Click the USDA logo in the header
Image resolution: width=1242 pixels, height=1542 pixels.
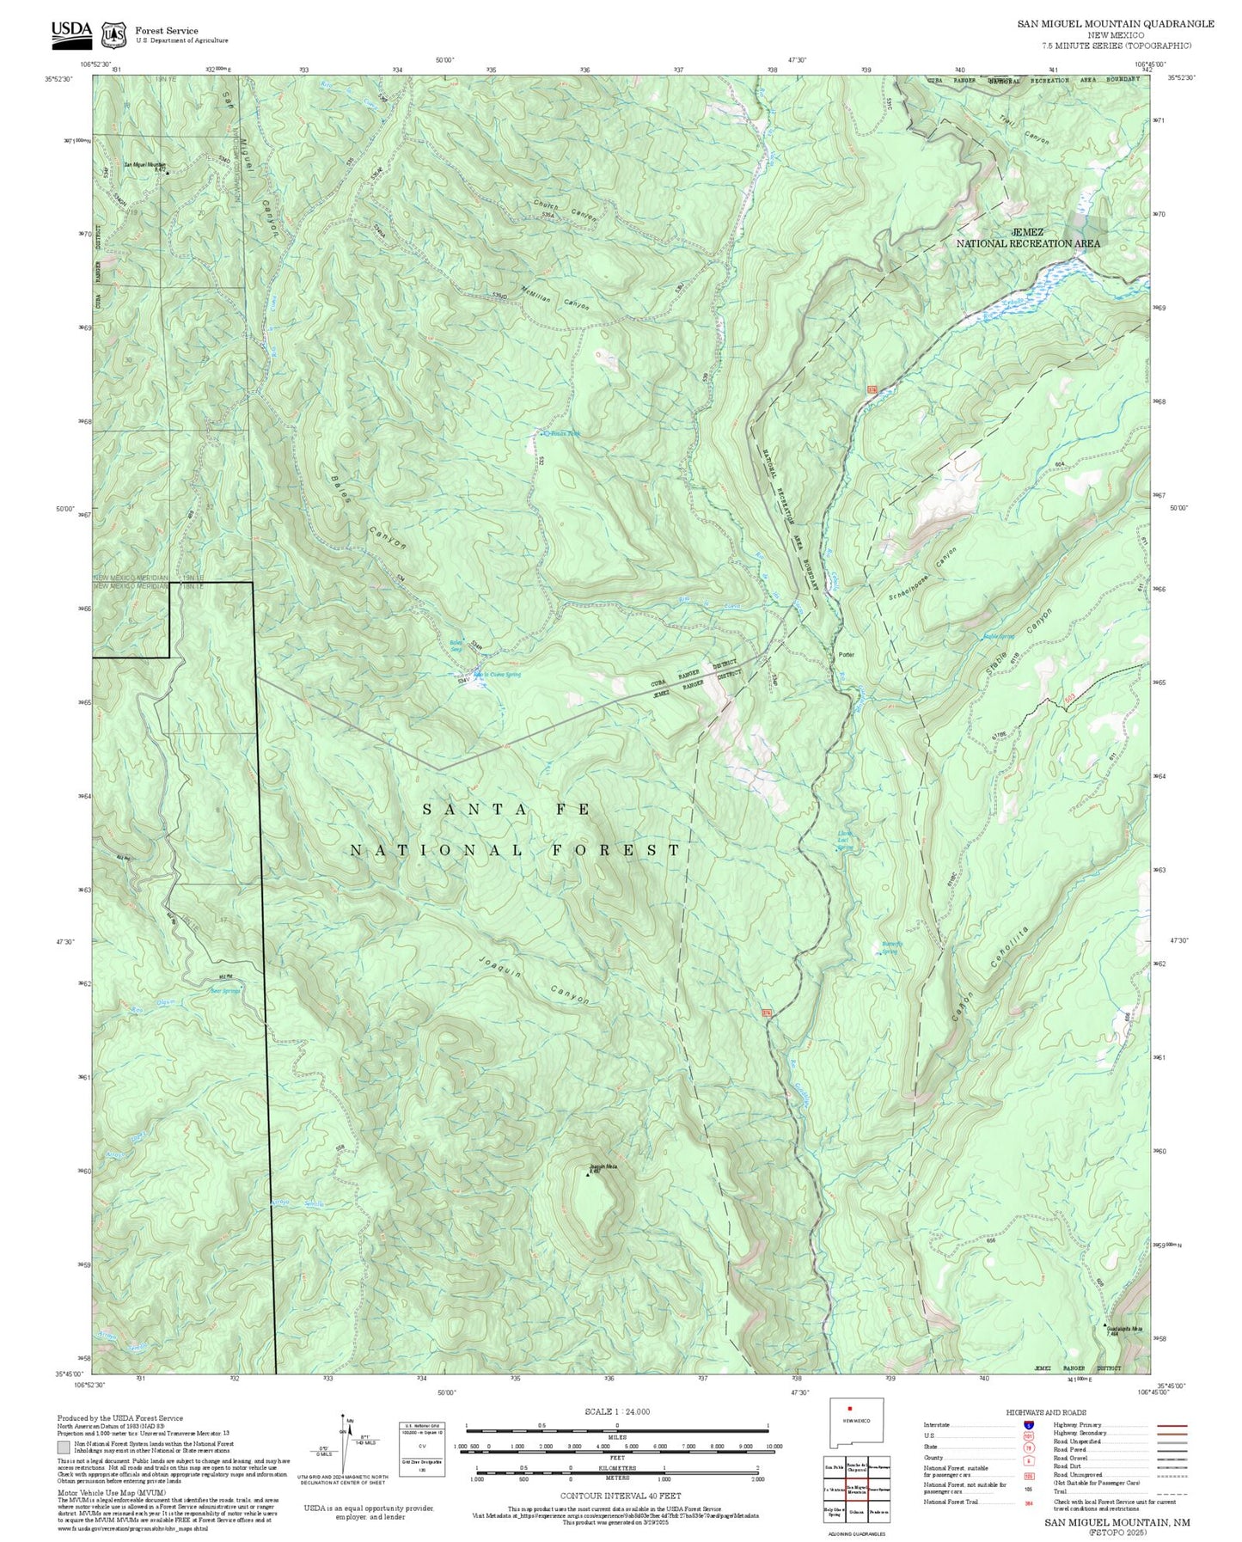coord(71,32)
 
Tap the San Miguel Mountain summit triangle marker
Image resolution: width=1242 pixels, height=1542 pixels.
coord(168,173)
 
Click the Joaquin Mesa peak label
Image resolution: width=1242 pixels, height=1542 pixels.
coord(603,1166)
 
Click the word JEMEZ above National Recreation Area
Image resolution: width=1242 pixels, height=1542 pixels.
coord(1028,232)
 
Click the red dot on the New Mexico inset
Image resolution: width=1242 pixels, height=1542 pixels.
coord(848,1409)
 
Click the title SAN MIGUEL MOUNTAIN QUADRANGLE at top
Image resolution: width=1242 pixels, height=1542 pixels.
coord(1116,24)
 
